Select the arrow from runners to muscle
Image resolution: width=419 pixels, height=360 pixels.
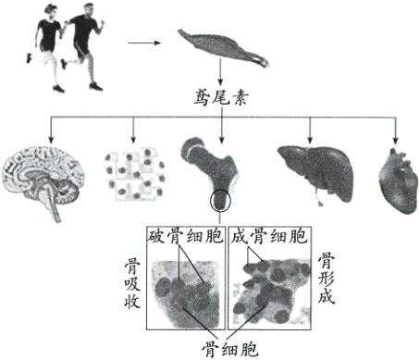[x=142, y=42]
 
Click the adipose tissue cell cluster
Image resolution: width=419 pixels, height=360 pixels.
[x=134, y=172]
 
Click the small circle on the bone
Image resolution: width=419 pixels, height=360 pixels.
[x=221, y=200]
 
